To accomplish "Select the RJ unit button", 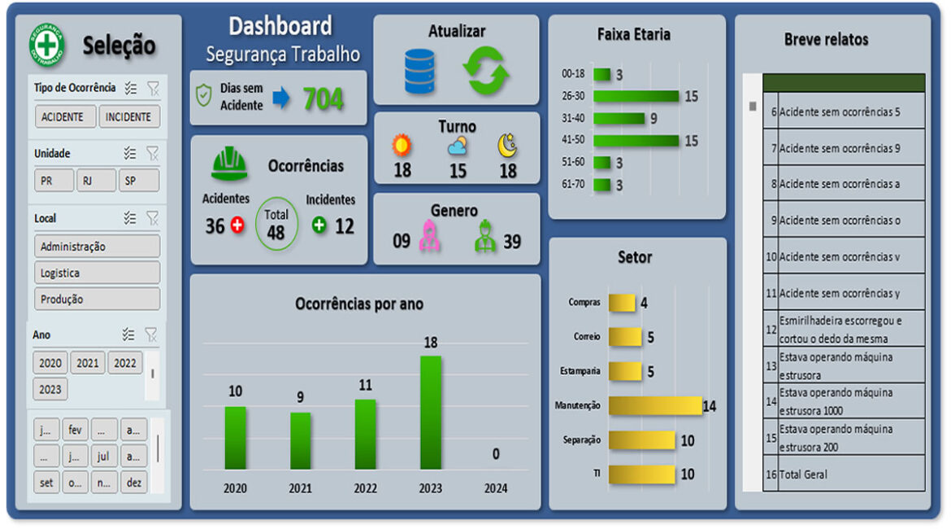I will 96,181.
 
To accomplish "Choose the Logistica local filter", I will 97,273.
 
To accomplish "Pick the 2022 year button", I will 124,363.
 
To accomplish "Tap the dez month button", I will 133,482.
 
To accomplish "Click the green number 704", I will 323,99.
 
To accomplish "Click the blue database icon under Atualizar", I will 419,72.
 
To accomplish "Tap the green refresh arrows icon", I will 485,72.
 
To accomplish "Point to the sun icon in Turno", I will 402,146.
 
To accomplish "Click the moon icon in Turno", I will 507,146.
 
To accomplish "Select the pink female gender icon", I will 429,236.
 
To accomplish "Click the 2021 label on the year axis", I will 300,488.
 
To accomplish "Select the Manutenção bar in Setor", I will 654,405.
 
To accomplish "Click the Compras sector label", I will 584,303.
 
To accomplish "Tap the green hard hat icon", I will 229,164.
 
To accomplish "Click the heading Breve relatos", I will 826,39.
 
